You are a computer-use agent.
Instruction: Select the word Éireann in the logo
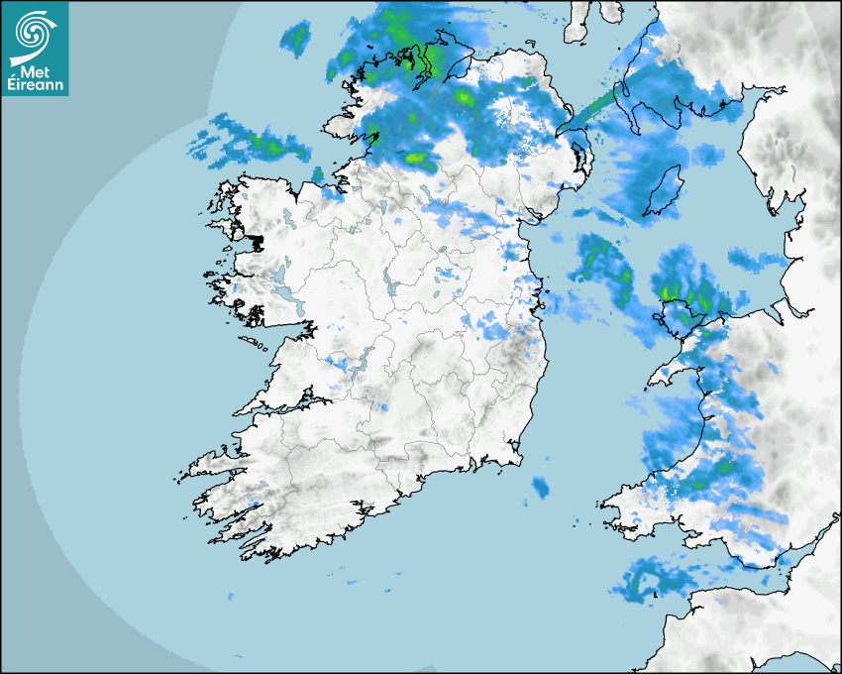coord(36,85)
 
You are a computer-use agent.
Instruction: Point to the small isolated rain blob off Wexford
coord(540,487)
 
